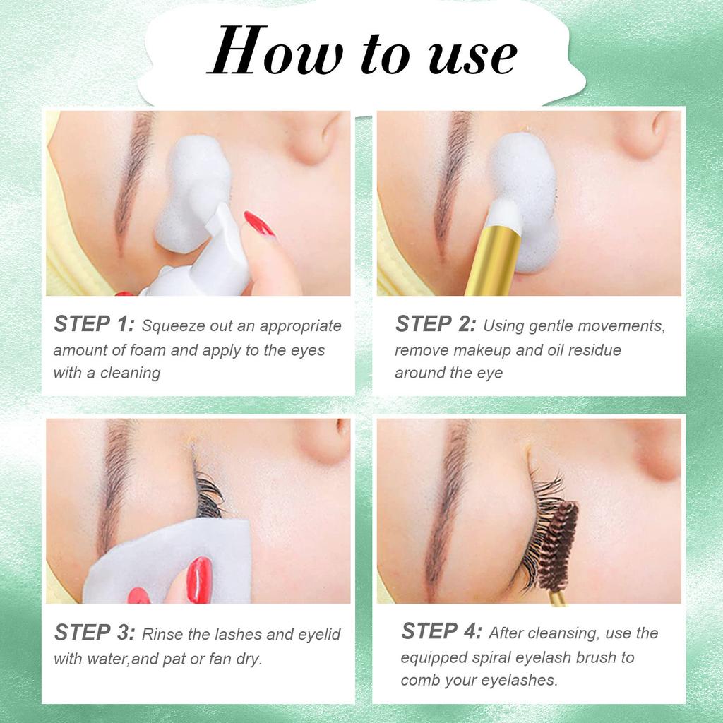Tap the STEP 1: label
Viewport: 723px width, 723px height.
point(94,323)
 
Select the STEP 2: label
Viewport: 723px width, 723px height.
point(435,323)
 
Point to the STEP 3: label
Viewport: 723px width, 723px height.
point(95,632)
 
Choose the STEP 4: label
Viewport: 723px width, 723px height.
point(442,631)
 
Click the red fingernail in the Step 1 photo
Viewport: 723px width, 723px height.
point(259,224)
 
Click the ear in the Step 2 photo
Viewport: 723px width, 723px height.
point(650,133)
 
